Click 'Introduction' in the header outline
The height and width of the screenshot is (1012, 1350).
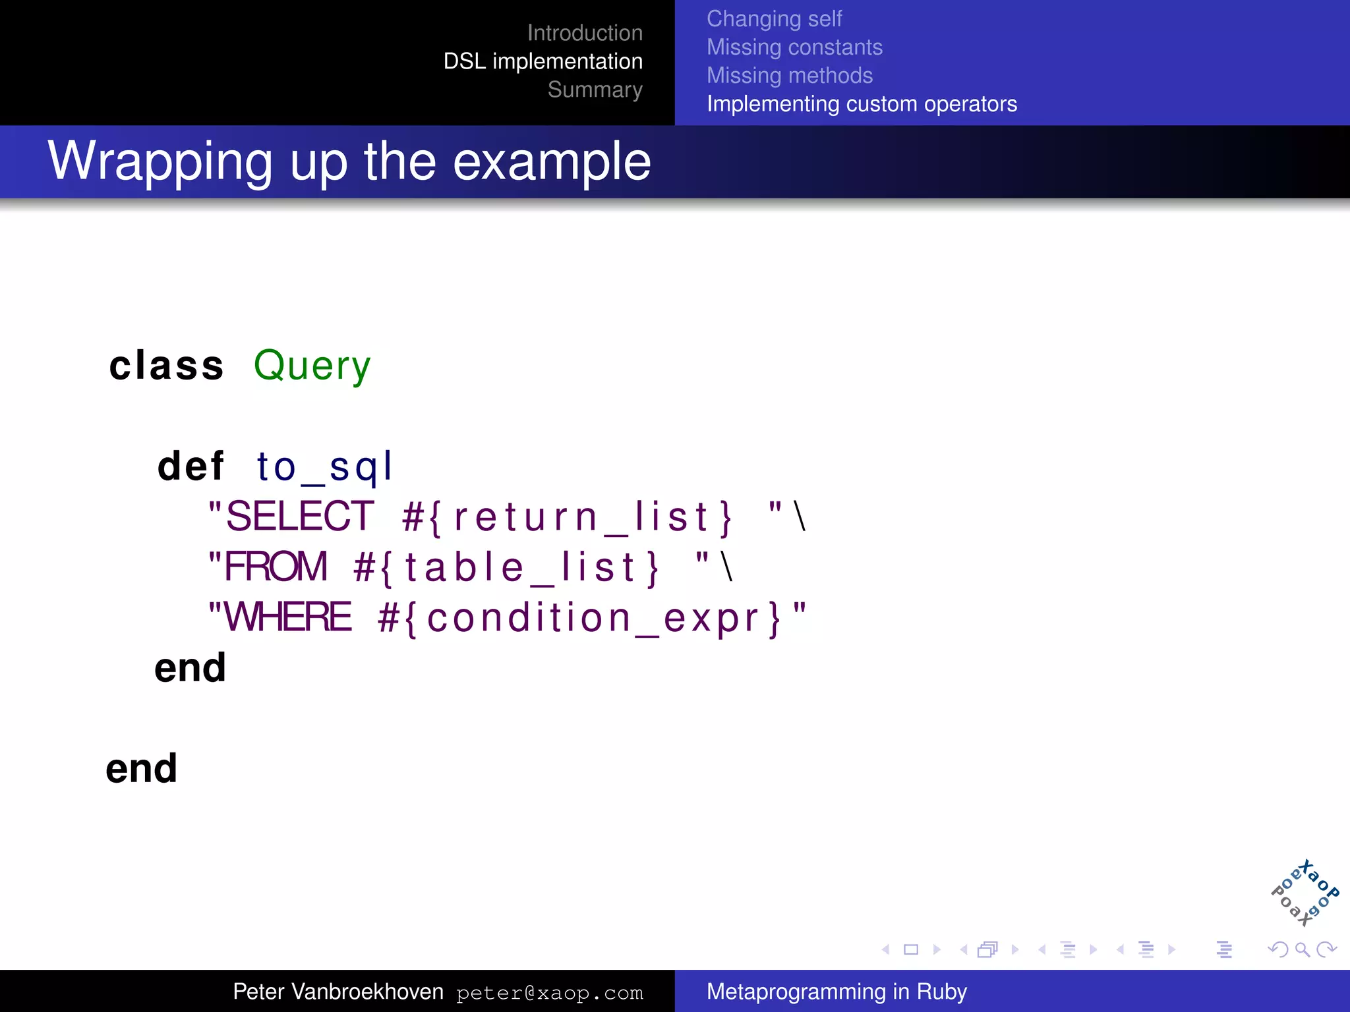pos(585,33)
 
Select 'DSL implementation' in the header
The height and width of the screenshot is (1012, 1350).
pos(543,61)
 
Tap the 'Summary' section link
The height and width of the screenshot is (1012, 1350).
pos(595,90)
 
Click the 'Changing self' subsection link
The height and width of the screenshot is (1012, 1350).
pos(774,19)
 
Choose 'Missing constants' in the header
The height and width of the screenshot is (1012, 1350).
pos(794,47)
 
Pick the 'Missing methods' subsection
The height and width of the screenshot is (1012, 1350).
pos(789,76)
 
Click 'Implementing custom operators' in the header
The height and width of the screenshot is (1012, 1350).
pos(862,104)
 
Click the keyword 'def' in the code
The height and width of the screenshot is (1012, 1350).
pos(191,466)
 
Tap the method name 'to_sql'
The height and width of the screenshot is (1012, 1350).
pos(324,467)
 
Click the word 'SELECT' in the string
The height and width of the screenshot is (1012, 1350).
pos(300,516)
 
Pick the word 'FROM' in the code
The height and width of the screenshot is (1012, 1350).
pos(276,567)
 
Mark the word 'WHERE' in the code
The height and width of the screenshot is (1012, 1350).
pos(288,617)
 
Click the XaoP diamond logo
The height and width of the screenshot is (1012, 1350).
pos(1305,893)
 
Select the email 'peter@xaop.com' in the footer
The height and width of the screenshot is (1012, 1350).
pos(549,993)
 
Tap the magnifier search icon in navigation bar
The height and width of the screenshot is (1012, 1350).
pos(1302,949)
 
